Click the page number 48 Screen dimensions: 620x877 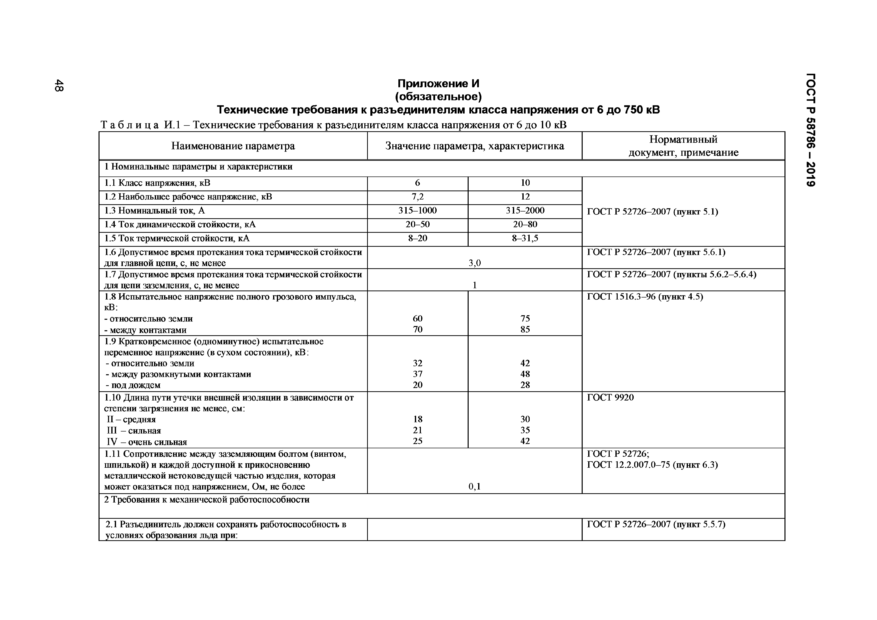59,85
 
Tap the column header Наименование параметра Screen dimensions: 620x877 233,146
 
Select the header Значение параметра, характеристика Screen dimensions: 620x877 474,146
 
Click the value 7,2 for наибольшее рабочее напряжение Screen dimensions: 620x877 417,196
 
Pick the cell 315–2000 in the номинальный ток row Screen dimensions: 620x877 525,210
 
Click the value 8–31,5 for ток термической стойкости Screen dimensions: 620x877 525,238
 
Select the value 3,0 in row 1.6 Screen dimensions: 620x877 474,263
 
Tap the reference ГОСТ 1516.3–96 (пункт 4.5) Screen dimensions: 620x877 645,297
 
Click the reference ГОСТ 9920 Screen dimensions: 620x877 610,398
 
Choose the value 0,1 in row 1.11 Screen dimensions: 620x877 474,486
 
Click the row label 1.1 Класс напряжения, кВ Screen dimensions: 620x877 157,183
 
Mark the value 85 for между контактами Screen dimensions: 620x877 525,329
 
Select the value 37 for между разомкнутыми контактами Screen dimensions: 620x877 417,374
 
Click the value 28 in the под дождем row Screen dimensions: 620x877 525,385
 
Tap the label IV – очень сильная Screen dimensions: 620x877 147,442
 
